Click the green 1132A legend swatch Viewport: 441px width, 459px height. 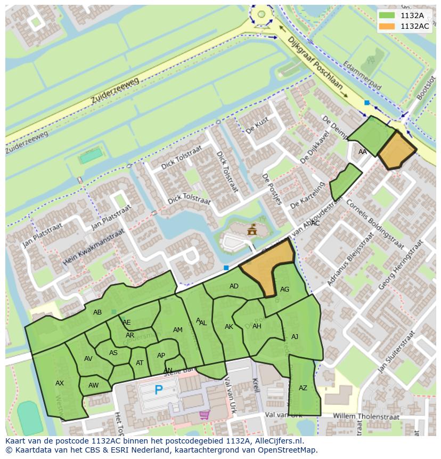[387, 15]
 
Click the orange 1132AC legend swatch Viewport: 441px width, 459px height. [387, 26]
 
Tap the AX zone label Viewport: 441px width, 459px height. [60, 383]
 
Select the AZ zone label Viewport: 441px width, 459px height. [303, 388]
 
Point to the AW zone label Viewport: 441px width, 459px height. [94, 385]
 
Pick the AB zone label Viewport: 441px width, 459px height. [97, 312]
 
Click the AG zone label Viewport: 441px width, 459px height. [284, 289]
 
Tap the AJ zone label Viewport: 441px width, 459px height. [295, 336]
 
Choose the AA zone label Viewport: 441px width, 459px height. [363, 152]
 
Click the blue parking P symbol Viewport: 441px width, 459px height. [158, 390]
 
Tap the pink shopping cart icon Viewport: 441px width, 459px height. [204, 414]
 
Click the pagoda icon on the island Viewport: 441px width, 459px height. [251, 230]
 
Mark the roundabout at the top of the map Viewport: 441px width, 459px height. [262, 15]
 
